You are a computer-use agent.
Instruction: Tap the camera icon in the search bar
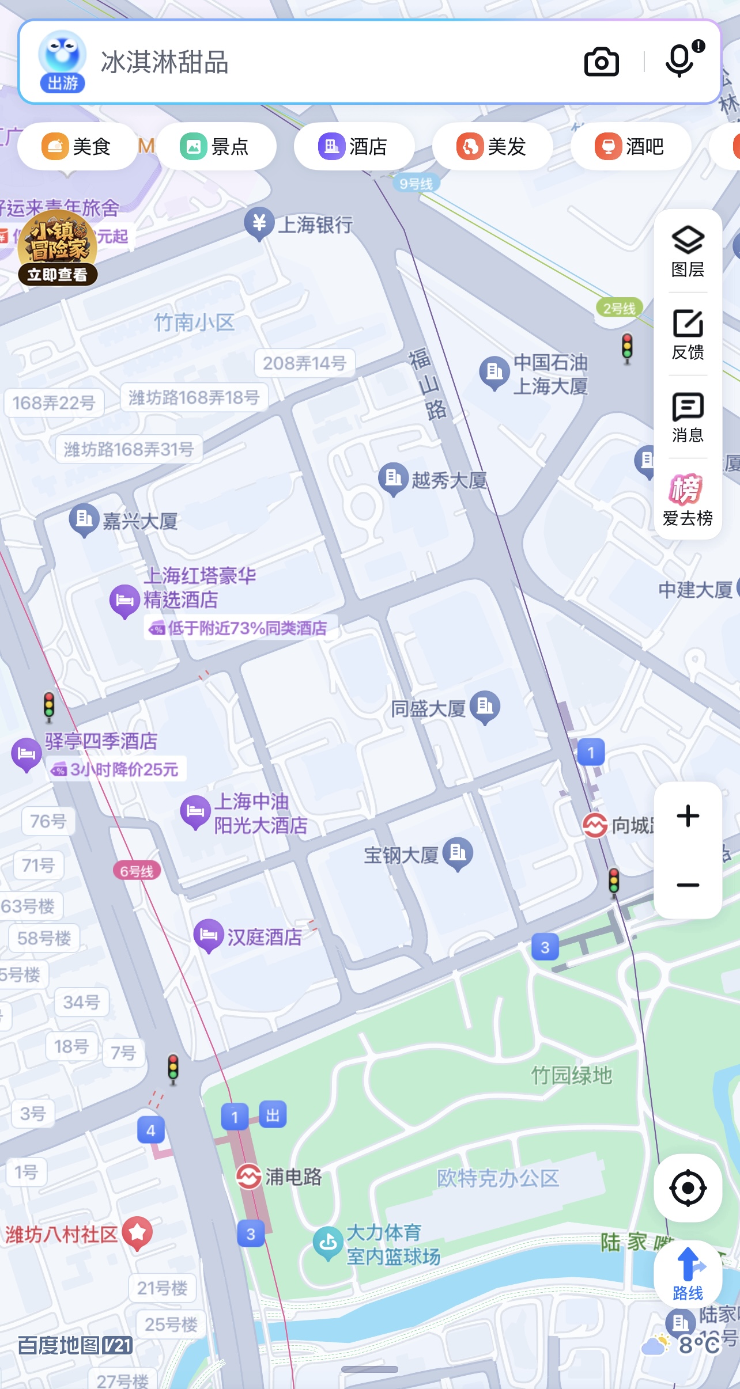click(x=601, y=62)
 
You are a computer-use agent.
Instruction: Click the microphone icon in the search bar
click(x=680, y=60)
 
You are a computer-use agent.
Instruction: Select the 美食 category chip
click(x=77, y=147)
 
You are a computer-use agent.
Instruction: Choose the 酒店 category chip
click(x=353, y=147)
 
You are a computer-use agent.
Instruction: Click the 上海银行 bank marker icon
click(x=259, y=223)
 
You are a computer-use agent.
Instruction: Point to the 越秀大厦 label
click(x=449, y=480)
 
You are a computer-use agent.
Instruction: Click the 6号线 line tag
click(x=137, y=871)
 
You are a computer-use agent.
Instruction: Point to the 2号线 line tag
click(x=619, y=309)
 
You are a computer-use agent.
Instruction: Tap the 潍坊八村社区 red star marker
click(x=137, y=1233)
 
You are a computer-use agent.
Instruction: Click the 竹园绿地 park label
click(x=571, y=1075)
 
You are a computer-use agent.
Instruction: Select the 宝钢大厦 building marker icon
click(x=458, y=853)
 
